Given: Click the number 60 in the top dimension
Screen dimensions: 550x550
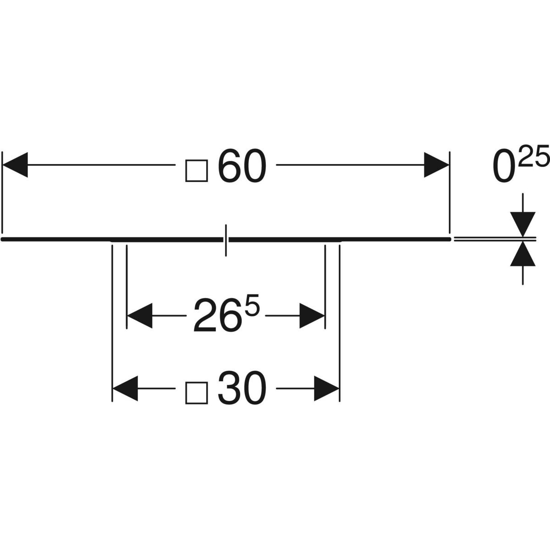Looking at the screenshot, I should click(x=242, y=165).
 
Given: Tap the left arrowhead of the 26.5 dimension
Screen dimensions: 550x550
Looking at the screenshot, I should click(x=139, y=315).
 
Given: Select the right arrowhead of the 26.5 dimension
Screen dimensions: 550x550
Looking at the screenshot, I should click(x=312, y=315).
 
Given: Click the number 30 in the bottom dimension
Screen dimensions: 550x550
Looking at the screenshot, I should click(x=242, y=388).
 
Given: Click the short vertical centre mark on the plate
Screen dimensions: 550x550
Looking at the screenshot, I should click(x=225, y=240).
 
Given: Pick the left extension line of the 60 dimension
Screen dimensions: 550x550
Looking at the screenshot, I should click(x=2, y=192).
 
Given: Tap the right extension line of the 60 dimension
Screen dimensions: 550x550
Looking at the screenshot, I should click(x=450, y=192).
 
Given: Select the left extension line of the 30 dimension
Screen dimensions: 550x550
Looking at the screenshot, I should click(x=112, y=321).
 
